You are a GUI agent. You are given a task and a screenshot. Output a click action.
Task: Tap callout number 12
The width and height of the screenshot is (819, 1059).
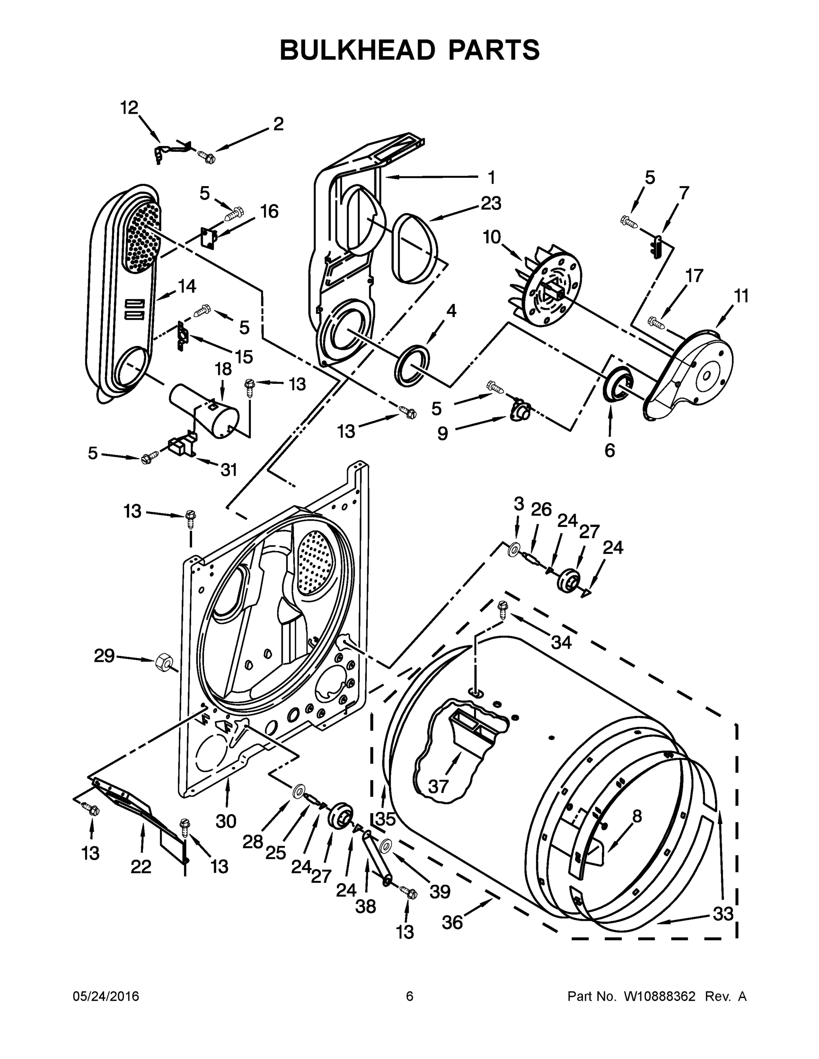pyautogui.click(x=129, y=108)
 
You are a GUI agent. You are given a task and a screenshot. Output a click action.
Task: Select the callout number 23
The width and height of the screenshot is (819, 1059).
pyautogui.click(x=491, y=203)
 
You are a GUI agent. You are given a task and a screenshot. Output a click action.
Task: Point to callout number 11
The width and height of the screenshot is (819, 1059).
pyautogui.click(x=740, y=296)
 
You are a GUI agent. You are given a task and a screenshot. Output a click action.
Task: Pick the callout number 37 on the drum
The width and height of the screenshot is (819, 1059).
pyautogui.click(x=438, y=786)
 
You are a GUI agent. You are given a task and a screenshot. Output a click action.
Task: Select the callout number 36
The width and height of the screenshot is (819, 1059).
pyautogui.click(x=452, y=922)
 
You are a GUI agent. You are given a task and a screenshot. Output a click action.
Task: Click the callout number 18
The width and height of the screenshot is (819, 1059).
pyautogui.click(x=223, y=369)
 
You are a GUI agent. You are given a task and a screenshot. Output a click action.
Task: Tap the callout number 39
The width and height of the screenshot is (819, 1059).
pyautogui.click(x=440, y=891)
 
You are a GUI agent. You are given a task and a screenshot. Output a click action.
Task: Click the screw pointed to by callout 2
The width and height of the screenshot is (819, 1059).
pyautogui.click(x=206, y=157)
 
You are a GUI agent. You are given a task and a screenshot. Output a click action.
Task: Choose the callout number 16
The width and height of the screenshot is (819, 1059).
pyautogui.click(x=269, y=211)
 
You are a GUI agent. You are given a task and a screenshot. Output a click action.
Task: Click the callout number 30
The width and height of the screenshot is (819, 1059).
pyautogui.click(x=226, y=821)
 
